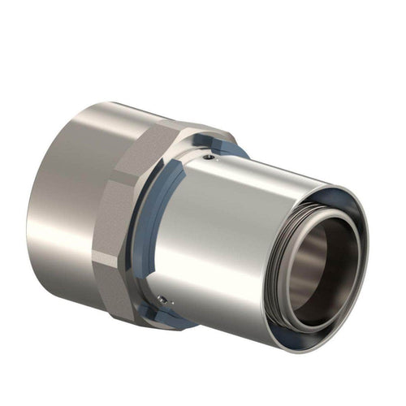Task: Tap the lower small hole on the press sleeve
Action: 166,302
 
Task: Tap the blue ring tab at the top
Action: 231,148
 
